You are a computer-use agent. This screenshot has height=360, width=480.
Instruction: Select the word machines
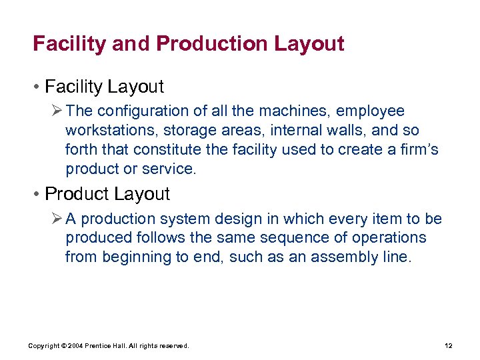(298, 111)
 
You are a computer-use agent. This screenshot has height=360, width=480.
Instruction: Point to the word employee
(373, 111)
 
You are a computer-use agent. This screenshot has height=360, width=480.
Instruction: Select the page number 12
(448, 345)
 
